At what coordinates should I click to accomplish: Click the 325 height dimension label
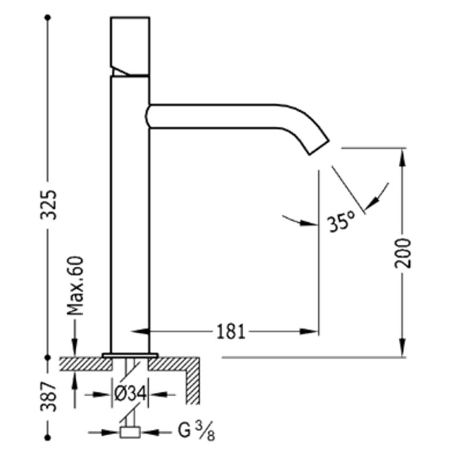(49, 205)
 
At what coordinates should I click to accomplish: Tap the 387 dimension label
(49, 396)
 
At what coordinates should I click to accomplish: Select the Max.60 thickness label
(75, 286)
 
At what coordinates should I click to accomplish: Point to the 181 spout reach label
(231, 332)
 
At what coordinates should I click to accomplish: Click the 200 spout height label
(403, 253)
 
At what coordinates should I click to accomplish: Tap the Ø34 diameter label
(130, 394)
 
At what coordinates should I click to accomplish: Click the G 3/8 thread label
(196, 432)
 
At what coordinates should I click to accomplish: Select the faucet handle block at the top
(130, 46)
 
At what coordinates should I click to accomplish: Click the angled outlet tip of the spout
(319, 147)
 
